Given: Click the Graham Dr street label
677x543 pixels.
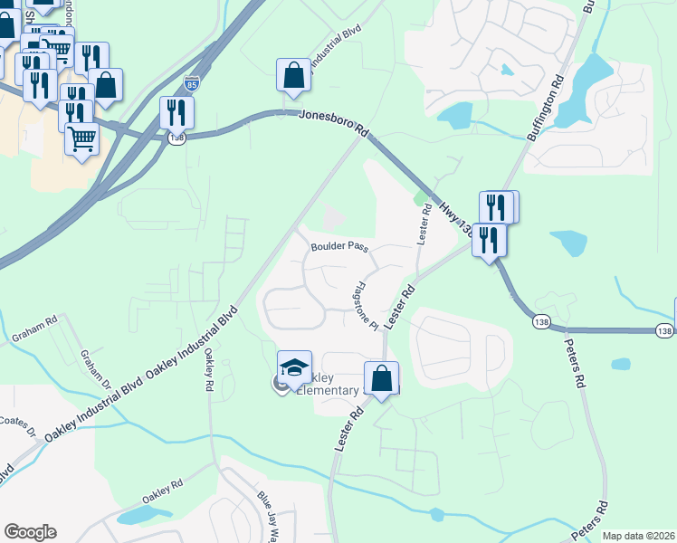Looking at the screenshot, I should point(96,370).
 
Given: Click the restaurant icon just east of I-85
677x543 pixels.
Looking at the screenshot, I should point(176,112).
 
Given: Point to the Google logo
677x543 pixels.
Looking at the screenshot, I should point(30,532).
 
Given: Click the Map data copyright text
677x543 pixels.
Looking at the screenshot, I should point(639,536).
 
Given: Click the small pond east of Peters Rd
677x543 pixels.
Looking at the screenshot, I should point(621,364).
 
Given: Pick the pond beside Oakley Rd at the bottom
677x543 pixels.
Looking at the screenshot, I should point(139,515).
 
